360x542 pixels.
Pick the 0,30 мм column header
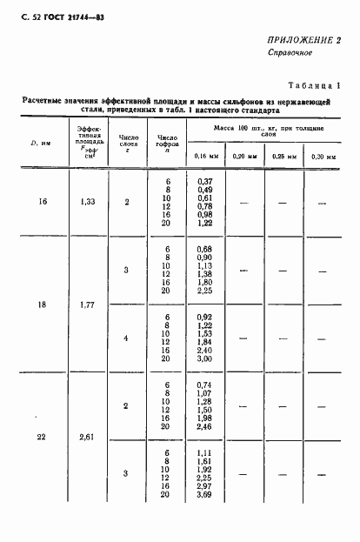coord(323,156)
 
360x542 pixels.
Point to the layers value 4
coord(126,337)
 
